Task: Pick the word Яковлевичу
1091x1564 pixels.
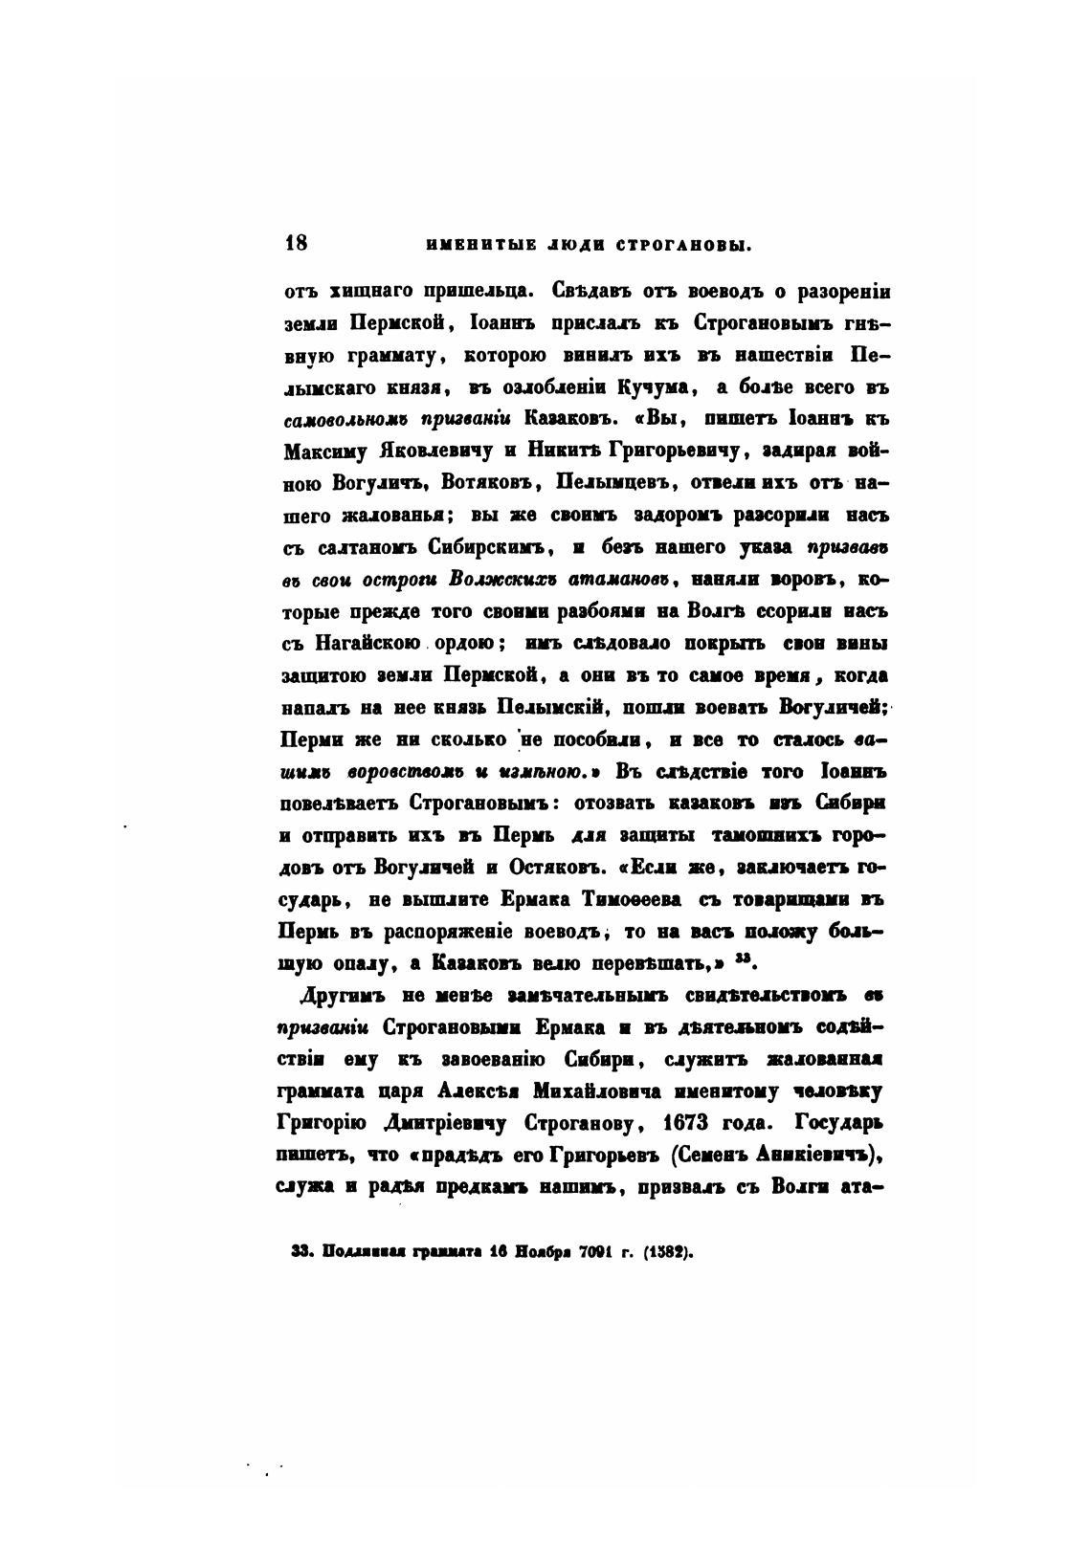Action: (435, 451)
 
